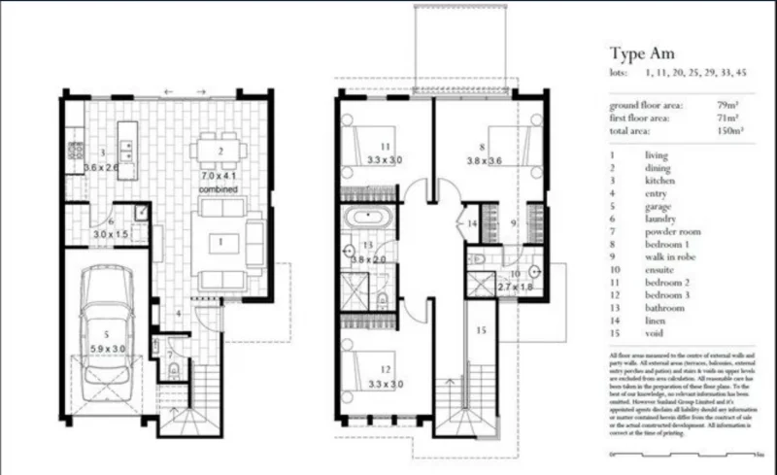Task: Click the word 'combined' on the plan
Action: click(x=220, y=189)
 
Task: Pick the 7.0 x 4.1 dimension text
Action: click(x=220, y=176)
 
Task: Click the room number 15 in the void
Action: click(x=480, y=330)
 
